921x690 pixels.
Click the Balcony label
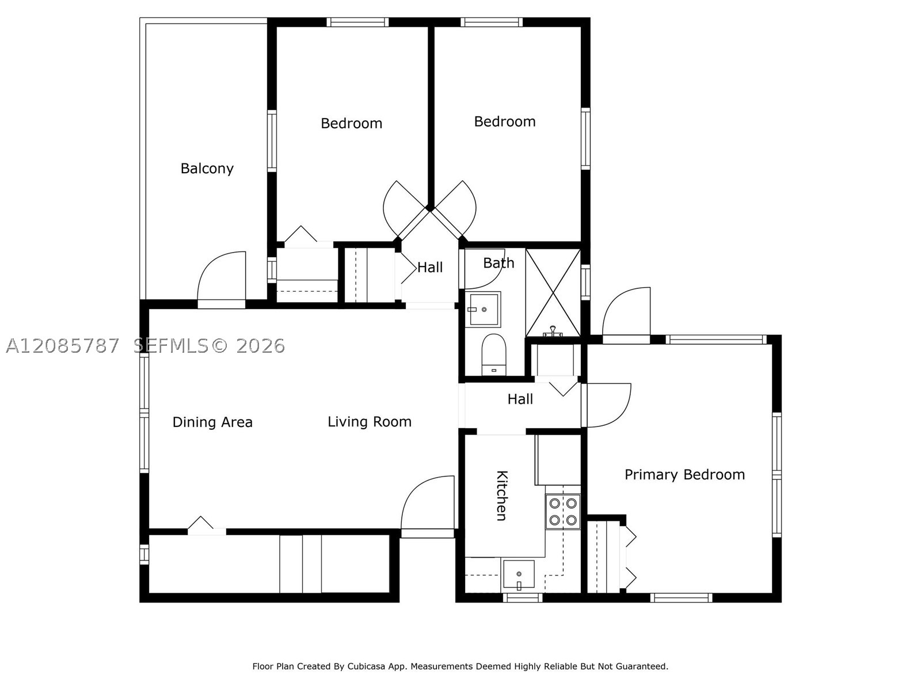207,169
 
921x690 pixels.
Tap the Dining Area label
212,422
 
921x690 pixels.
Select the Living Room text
369,422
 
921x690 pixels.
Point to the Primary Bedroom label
684,474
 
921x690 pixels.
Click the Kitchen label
502,495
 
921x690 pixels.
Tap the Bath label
498,263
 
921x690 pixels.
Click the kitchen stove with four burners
562,511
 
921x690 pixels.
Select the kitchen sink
519,574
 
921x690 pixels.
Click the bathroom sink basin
484,309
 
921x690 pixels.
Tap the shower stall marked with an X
553,293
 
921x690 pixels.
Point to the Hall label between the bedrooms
429,267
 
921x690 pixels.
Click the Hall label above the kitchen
520,399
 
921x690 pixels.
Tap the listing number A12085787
63,346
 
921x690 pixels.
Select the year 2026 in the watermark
261,346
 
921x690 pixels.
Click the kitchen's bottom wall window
523,598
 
